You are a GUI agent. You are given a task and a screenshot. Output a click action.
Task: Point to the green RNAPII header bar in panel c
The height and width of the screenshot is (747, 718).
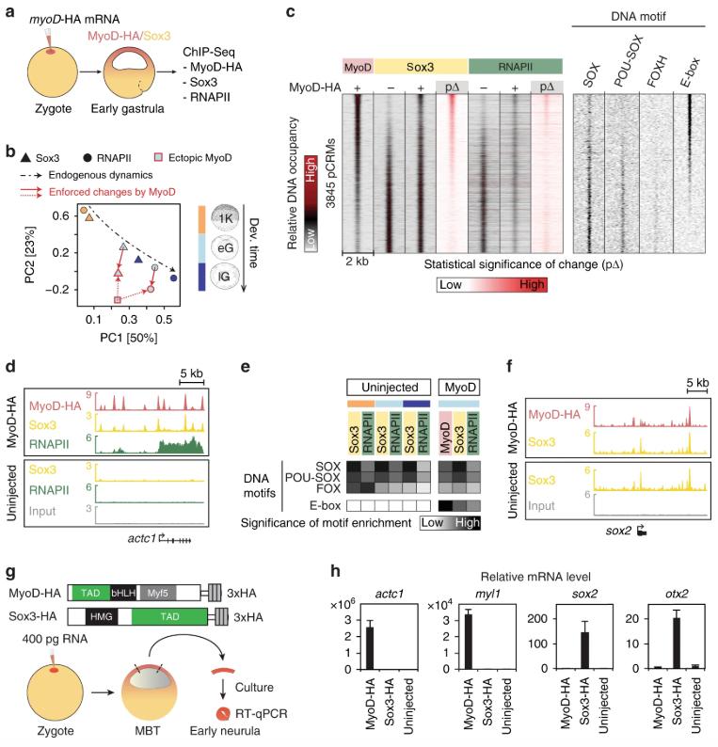(515, 67)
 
